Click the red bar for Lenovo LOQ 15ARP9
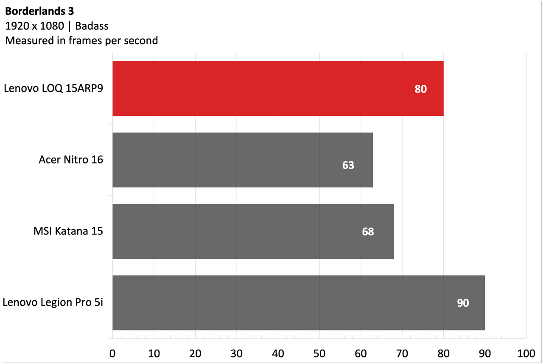(278, 89)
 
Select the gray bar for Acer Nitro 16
(243, 160)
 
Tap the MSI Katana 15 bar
(253, 231)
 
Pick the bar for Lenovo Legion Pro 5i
(299, 302)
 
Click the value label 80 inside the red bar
(420, 89)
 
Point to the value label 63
(348, 165)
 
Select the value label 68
(368, 232)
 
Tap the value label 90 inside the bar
(463, 303)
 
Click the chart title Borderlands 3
(39, 11)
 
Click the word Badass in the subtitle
(92, 26)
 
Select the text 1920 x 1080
(34, 26)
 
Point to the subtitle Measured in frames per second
(81, 40)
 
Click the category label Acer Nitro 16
(71, 160)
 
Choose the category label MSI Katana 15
(68, 231)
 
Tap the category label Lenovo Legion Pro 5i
(53, 302)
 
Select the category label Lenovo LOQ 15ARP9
(53, 88)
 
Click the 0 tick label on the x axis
(112, 354)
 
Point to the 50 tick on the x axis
(319, 354)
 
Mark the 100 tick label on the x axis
(526, 354)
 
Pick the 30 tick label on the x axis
(237, 354)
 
